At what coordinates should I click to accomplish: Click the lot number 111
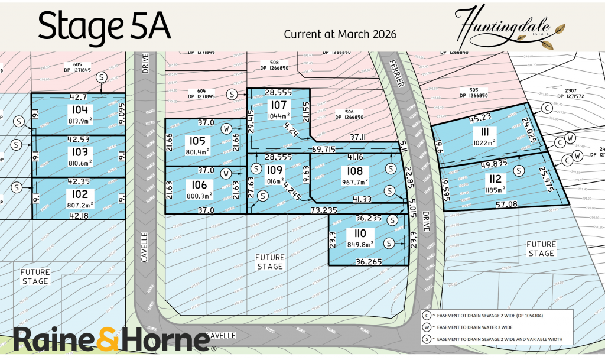click(487, 132)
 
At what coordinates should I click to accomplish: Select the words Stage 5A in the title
click(105, 27)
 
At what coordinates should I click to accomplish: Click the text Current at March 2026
click(340, 34)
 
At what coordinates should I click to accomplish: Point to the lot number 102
click(80, 193)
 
